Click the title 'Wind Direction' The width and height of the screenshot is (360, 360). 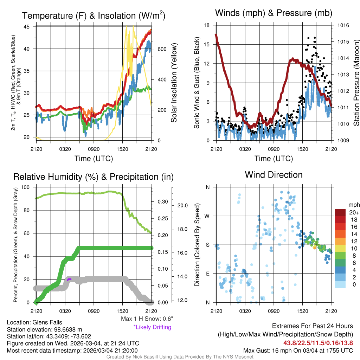274,175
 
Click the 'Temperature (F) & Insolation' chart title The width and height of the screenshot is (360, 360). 94,15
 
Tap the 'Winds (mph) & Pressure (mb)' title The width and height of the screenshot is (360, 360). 274,13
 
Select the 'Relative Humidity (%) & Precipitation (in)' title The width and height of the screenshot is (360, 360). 93,176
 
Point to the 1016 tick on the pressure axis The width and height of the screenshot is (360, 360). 342,25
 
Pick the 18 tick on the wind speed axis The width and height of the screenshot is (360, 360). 207,25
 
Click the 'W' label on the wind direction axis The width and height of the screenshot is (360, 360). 207,216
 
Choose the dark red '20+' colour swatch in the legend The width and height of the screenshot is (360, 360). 341,212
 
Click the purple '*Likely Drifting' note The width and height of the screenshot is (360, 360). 152,327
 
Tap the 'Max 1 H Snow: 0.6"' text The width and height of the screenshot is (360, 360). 147,319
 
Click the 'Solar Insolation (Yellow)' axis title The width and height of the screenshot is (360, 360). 174,83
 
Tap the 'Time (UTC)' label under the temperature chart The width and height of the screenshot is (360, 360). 94,159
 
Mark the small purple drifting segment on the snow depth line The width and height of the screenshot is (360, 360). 69,279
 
